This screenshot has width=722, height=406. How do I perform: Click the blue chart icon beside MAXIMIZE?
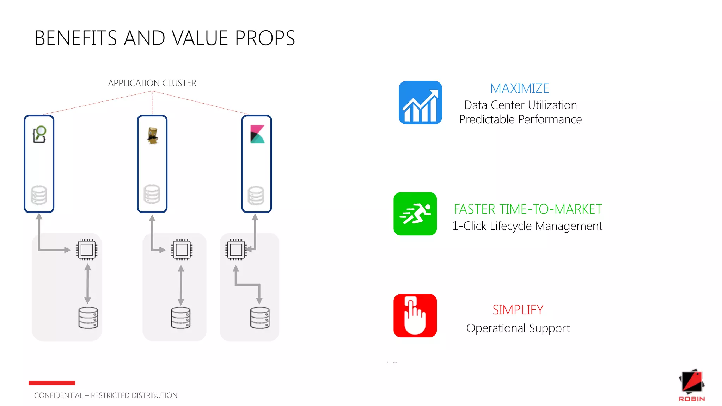coord(420,103)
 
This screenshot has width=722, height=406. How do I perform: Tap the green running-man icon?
coord(415,214)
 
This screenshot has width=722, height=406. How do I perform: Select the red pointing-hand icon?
coord(415,315)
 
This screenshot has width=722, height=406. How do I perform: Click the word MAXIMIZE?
coord(519,88)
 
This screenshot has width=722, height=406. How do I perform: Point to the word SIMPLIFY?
coord(518,310)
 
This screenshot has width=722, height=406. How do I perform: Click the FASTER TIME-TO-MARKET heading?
coord(528,209)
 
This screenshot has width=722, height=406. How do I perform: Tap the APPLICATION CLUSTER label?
coord(152,83)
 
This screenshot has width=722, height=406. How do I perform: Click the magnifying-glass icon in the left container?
coord(39,134)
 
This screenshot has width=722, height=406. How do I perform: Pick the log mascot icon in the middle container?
coord(152,136)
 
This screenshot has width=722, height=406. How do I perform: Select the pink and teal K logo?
coord(257,134)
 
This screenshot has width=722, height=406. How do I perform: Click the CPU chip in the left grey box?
coord(87,250)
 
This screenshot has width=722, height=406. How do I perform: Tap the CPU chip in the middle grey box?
coord(182,250)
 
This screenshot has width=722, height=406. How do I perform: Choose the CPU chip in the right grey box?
coord(236,250)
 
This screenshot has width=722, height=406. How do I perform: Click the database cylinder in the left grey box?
coord(88,318)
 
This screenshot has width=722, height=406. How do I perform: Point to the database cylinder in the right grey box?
coord(260,318)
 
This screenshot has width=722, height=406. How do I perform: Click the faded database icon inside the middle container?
coord(152,194)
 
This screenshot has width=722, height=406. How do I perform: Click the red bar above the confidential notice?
coord(52,383)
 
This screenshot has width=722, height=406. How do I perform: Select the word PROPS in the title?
coord(265,38)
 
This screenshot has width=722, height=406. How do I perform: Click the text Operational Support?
coord(518,328)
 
